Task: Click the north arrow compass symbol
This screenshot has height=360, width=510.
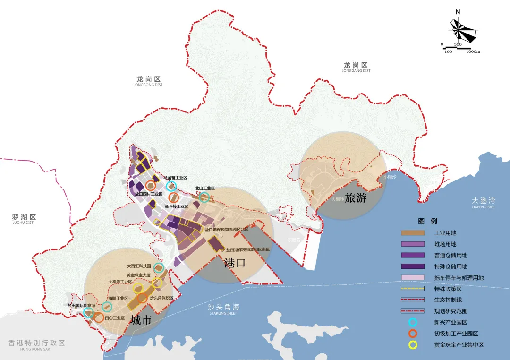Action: [x=463, y=30]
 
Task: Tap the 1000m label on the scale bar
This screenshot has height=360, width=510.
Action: [x=473, y=51]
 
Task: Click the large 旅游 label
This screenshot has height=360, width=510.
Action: [x=356, y=198]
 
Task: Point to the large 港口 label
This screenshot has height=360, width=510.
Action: [x=235, y=263]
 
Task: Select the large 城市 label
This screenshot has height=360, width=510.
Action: [x=141, y=320]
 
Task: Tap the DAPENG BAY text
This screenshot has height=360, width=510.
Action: [x=483, y=207]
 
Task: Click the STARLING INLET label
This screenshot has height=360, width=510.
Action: [x=224, y=313]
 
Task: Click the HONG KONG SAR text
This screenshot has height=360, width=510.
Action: [x=36, y=349]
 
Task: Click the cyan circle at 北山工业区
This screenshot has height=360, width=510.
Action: [x=204, y=197]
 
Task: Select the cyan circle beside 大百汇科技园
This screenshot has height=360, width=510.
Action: [x=158, y=268]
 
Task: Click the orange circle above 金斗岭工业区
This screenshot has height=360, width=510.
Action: [x=173, y=197]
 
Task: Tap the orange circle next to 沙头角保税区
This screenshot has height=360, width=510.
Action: [x=142, y=298]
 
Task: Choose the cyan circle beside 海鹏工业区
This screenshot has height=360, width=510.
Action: [x=107, y=307]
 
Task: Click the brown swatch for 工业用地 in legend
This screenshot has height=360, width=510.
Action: [x=414, y=233]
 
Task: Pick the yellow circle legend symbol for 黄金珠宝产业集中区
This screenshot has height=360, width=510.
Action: [x=413, y=345]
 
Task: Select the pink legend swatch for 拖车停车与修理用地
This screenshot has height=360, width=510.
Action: [x=414, y=278]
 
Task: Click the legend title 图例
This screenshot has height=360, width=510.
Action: [x=427, y=221]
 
